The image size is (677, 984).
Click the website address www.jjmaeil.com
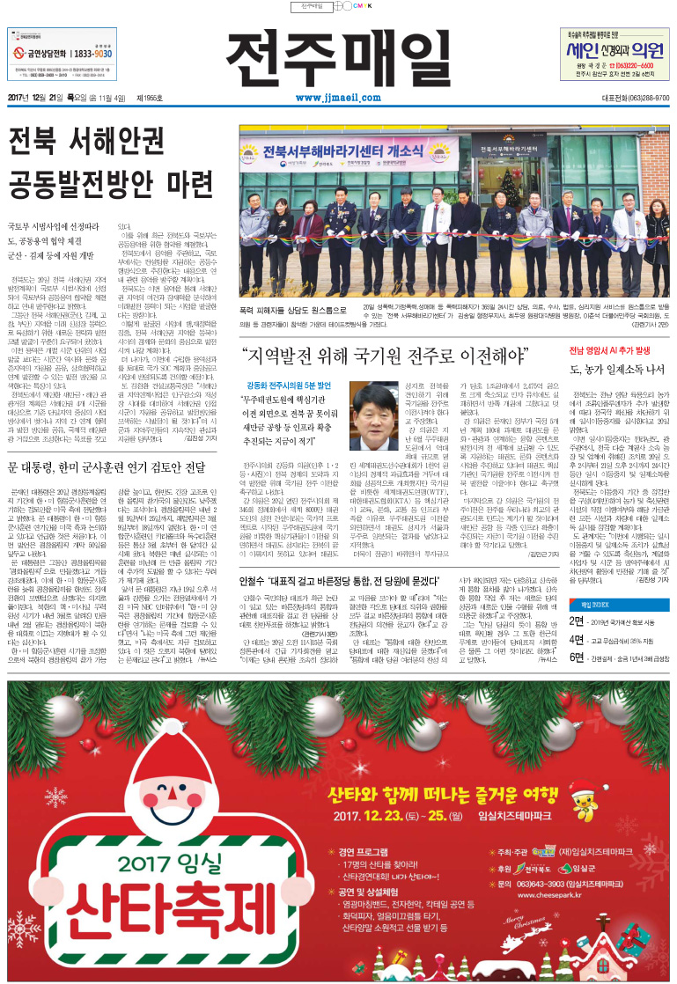339,99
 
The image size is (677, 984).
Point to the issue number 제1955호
151,98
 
